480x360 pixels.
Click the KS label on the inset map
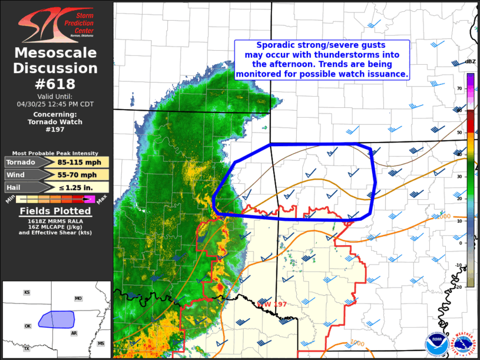click(27, 292)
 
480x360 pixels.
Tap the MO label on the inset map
click(78, 299)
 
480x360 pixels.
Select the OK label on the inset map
click(27, 325)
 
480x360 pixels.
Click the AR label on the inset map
click(74, 333)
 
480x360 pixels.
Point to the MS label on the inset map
click(101, 343)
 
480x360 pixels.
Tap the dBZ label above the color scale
click(470, 61)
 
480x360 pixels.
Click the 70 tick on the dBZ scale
click(459, 88)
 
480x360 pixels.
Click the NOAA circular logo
click(437, 345)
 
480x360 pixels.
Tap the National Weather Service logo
click(465, 345)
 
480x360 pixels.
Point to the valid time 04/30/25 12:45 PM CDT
click(55, 103)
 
